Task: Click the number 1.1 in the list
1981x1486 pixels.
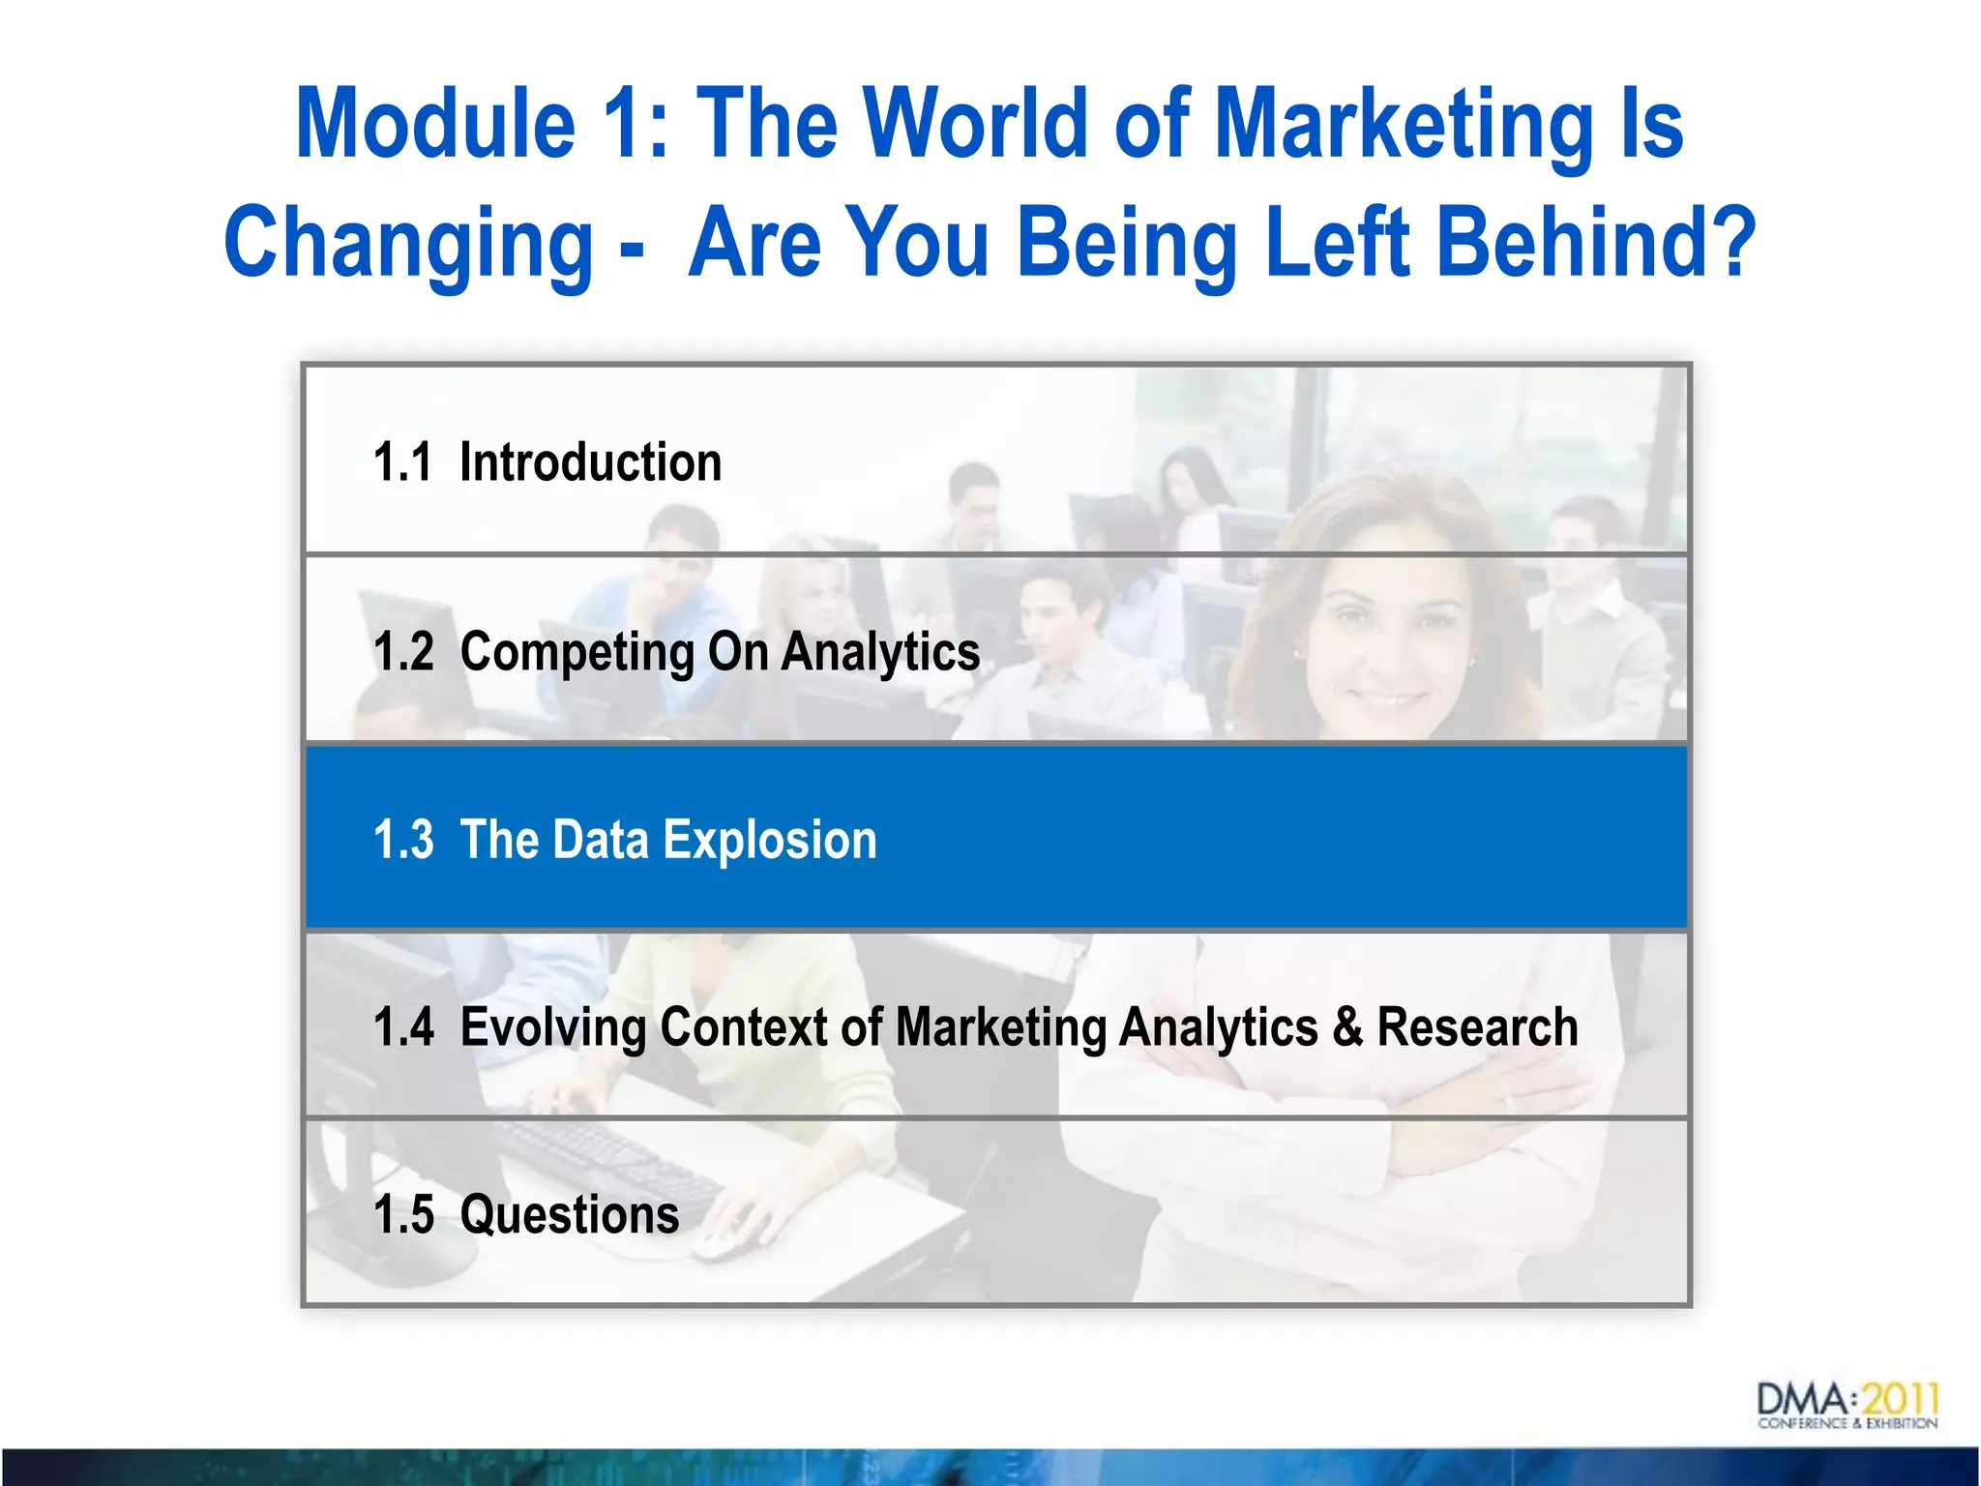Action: point(401,462)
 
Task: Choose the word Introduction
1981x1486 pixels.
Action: point(590,462)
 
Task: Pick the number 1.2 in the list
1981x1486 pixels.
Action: point(403,651)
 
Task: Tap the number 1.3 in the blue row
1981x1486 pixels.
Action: point(403,839)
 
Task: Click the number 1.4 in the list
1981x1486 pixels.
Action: point(403,1026)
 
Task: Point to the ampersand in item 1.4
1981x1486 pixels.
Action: point(1346,1026)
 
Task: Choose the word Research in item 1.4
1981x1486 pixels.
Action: point(1477,1026)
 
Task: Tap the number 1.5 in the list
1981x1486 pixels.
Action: point(403,1214)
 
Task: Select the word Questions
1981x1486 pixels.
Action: point(569,1214)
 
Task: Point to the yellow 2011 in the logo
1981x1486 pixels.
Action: point(1901,1400)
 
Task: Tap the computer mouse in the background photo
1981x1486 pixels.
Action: point(721,1245)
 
